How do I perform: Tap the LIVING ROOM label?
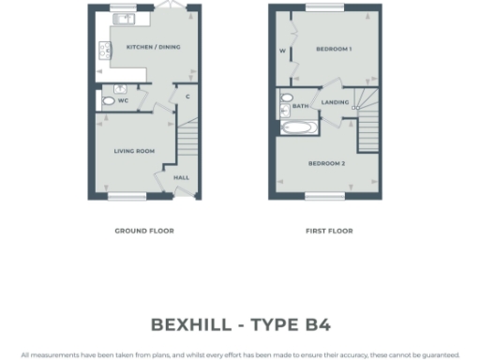click(x=134, y=151)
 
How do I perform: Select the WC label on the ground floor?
click(x=123, y=99)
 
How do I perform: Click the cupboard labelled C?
click(x=187, y=97)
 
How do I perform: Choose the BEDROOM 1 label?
click(x=333, y=48)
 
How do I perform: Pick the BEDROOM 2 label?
click(x=327, y=163)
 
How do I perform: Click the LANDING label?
click(x=335, y=102)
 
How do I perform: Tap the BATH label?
click(x=300, y=107)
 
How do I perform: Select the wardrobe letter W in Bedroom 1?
click(x=282, y=52)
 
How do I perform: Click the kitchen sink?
click(x=123, y=18)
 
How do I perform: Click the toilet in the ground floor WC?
click(x=109, y=100)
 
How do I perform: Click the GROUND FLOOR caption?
click(x=144, y=231)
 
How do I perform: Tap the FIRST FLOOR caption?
click(x=329, y=231)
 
